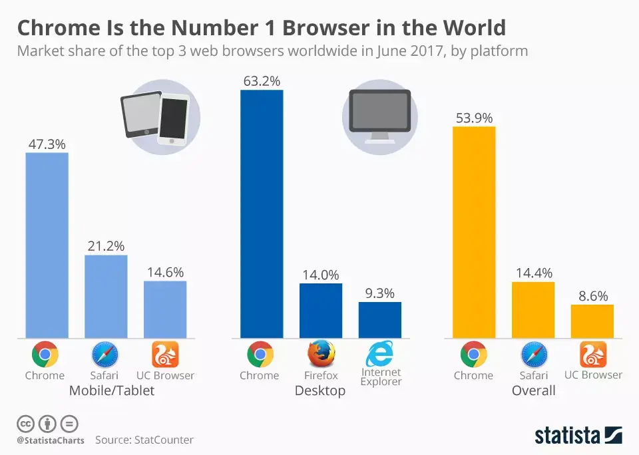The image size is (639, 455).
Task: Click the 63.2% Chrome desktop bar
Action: pos(261,214)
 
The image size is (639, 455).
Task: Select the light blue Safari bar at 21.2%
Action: pos(106,296)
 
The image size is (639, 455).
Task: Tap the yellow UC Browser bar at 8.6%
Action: pos(592,321)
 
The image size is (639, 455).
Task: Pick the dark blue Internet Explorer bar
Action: pos(379,320)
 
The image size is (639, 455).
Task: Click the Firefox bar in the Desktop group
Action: pos(320,311)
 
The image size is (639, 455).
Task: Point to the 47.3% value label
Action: pos(47,144)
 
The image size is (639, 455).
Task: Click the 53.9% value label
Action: pos(474,118)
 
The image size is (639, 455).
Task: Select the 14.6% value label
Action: pos(165,272)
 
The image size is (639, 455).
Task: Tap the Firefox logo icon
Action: pos(321,354)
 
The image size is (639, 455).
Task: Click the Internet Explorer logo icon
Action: pos(379,353)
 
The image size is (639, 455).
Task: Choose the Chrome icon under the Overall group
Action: pos(473,355)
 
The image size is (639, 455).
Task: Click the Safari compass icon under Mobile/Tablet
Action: pos(105,354)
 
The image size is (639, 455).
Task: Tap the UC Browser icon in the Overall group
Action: pos(592,354)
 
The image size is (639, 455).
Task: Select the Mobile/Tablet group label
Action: pos(112,390)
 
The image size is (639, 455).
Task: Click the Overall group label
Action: pos(533,390)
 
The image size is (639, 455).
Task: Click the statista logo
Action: pos(578,435)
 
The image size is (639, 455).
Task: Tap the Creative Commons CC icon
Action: pos(25,423)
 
